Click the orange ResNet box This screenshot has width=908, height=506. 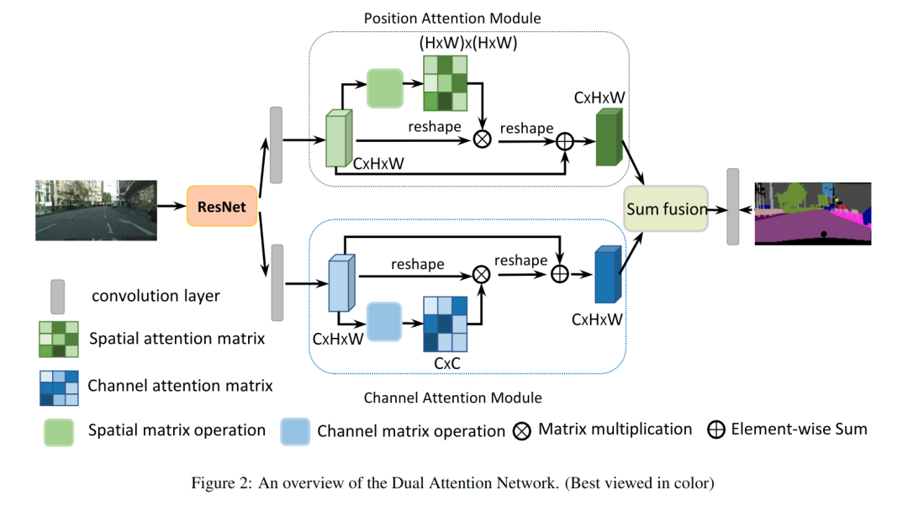[x=222, y=206]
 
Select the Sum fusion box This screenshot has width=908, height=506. [x=667, y=208]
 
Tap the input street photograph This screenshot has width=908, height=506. [x=96, y=210]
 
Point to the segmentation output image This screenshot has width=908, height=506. [x=812, y=213]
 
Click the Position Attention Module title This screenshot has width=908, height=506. [x=452, y=18]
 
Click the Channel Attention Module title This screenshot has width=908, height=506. [x=452, y=398]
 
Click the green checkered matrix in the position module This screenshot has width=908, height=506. [x=444, y=83]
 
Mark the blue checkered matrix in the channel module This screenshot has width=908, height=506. [x=444, y=324]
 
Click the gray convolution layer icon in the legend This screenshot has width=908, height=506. [x=57, y=297]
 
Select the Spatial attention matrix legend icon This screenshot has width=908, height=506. [x=58, y=339]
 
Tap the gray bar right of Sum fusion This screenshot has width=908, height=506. [x=732, y=207]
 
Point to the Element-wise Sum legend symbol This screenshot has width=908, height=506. [x=716, y=430]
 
